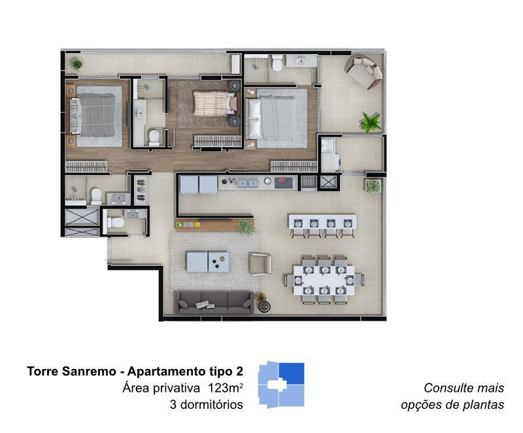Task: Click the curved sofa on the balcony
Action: click(364, 71)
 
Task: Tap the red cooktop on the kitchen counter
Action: click(284, 183)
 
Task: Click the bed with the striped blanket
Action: click(215, 104)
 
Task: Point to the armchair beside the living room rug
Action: click(260, 264)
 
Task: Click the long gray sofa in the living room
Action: click(214, 302)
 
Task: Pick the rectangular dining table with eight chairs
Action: click(324, 280)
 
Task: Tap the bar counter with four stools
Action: click(322, 225)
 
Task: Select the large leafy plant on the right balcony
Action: click(371, 121)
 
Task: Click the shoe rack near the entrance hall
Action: click(141, 190)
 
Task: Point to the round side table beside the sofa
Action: click(264, 306)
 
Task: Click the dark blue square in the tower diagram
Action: click(292, 374)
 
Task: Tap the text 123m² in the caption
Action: click(225, 388)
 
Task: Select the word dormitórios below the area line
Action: click(211, 405)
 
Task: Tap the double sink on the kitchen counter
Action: click(248, 183)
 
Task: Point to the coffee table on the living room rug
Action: click(207, 262)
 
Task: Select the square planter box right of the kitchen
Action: click(373, 186)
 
